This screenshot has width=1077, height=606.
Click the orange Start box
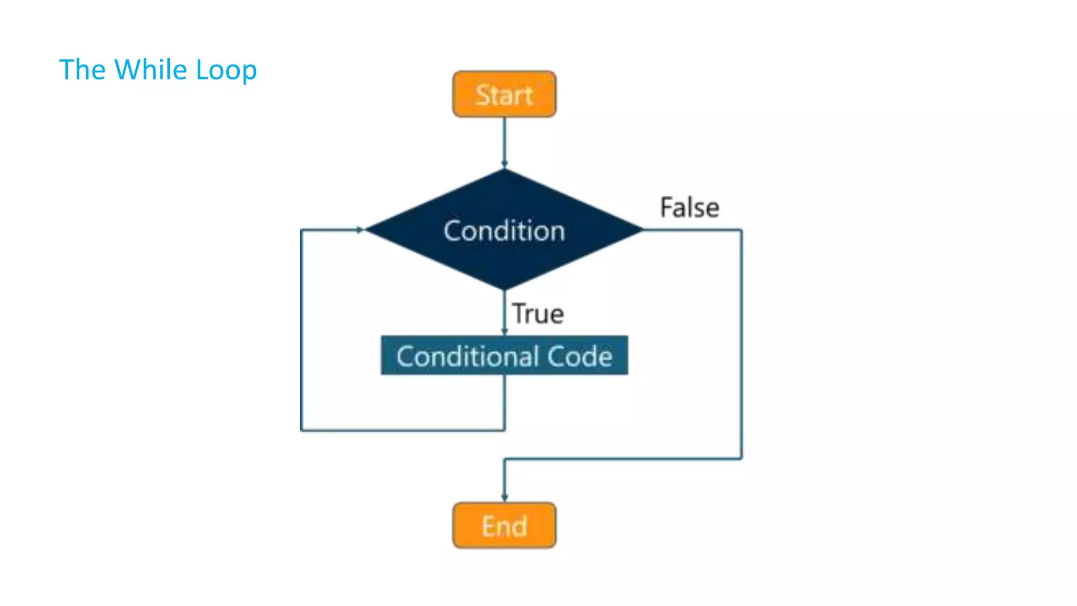(x=504, y=94)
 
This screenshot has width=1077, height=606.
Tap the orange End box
(x=504, y=525)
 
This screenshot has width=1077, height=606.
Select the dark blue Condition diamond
(x=504, y=230)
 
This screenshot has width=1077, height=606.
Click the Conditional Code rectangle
(x=504, y=356)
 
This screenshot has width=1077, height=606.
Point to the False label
(x=689, y=207)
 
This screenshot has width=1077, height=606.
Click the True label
(x=538, y=314)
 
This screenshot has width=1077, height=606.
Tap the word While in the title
(x=150, y=69)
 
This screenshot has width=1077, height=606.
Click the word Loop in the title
(x=226, y=70)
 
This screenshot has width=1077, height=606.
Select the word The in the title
(x=82, y=69)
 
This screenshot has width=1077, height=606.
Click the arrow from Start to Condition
(x=504, y=142)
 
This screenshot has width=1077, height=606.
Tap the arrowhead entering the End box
(x=504, y=498)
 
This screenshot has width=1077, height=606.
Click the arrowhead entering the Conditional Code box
(x=504, y=331)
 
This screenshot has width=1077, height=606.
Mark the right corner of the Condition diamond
(x=642, y=230)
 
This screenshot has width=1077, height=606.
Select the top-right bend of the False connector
(x=741, y=230)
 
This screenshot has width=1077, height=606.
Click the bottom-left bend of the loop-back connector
(x=301, y=430)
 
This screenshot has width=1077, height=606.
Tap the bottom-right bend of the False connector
(x=741, y=459)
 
